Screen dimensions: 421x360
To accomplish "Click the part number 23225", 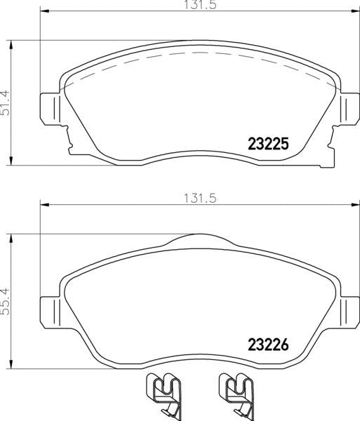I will (x=269, y=144).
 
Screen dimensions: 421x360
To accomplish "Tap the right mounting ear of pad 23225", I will (x=345, y=109).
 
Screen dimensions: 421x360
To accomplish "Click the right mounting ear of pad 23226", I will (x=345, y=309).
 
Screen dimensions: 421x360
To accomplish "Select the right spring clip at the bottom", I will (x=236, y=393).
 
